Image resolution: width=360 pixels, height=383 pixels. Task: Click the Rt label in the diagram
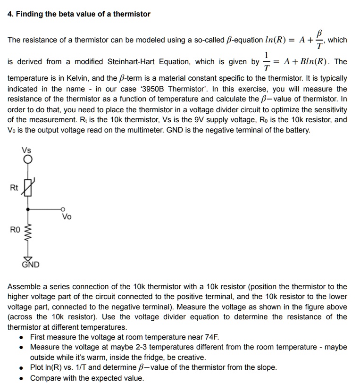[14, 188]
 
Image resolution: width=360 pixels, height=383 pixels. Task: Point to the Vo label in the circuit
[67, 217]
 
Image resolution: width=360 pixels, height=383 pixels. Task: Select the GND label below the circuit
[30, 265]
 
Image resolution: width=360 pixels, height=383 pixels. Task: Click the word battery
[297, 130]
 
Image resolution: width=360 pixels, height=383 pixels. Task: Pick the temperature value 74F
[209, 337]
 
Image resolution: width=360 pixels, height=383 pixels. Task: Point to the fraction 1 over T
[268, 62]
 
